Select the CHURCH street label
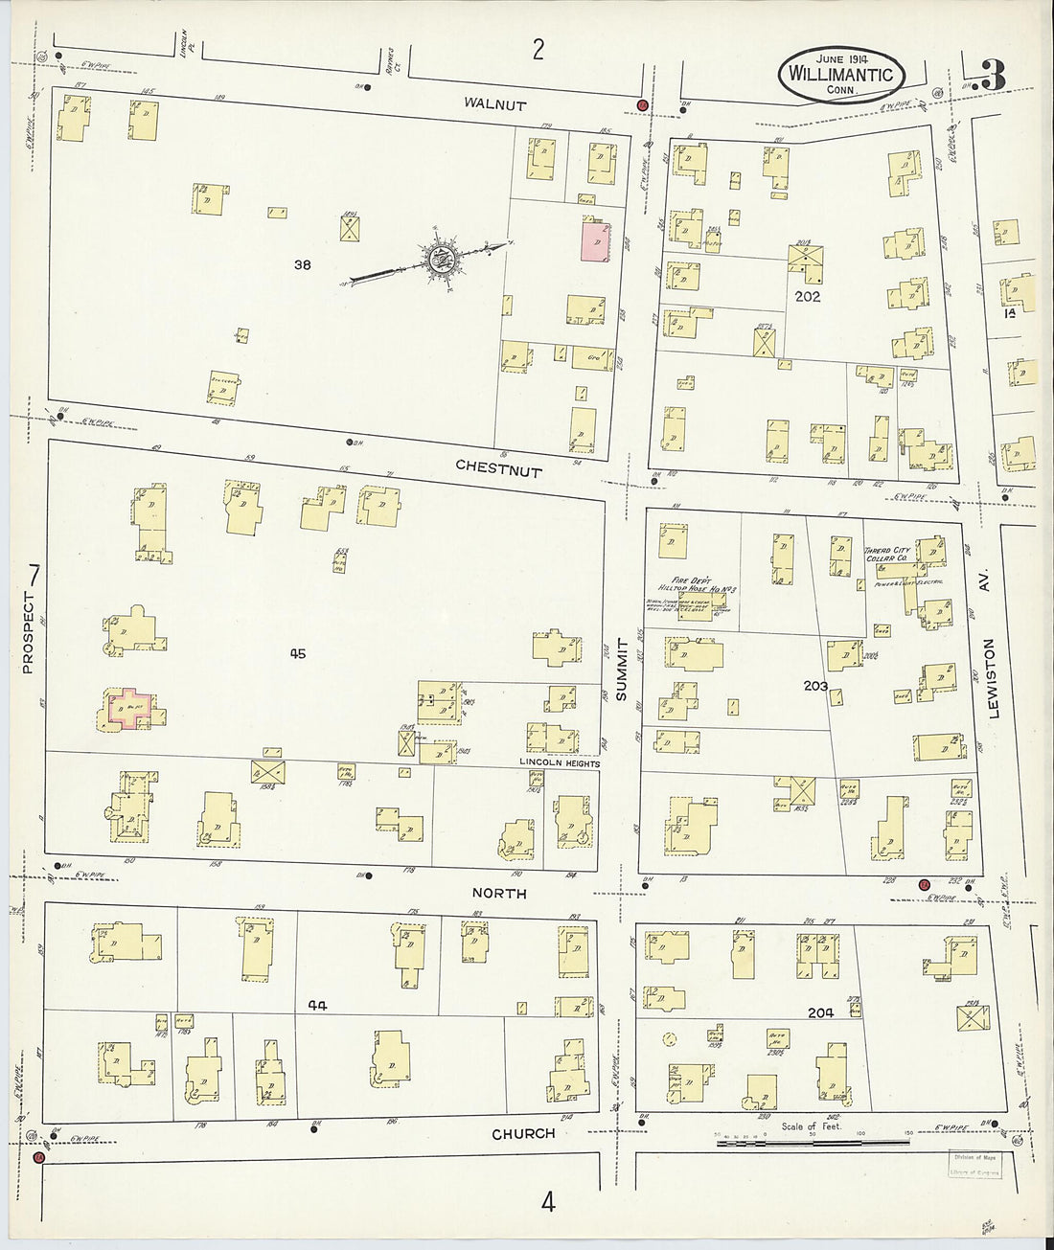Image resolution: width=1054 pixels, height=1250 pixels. [523, 1134]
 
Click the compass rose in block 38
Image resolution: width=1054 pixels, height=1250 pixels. [442, 257]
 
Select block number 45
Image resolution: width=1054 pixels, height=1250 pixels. [297, 654]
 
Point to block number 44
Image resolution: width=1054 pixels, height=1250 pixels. [319, 1005]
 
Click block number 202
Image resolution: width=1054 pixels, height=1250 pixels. [808, 297]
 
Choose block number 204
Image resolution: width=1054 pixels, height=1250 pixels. [820, 1011]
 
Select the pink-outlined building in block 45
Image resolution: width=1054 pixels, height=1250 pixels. [129, 709]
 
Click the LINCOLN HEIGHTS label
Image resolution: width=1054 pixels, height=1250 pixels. [560, 763]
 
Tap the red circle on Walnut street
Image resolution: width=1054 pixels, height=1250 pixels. [642, 104]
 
